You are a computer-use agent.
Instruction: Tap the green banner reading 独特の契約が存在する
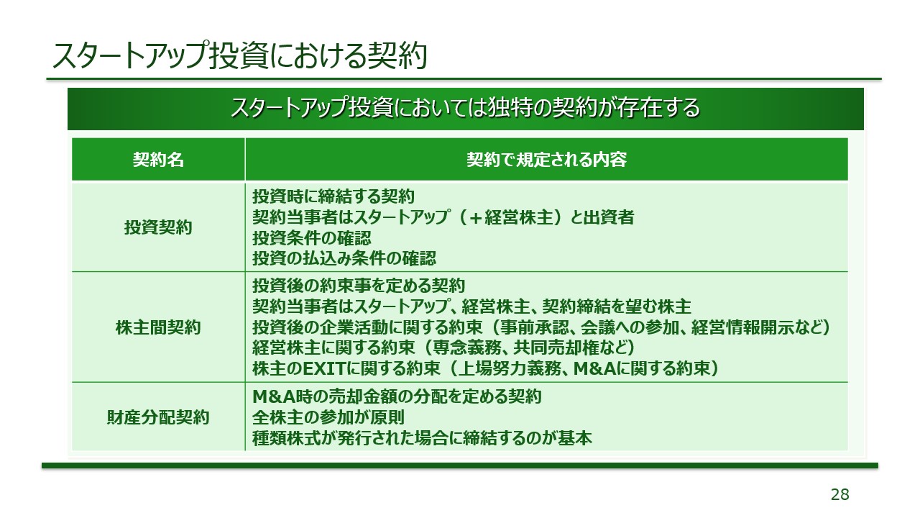pos(465,109)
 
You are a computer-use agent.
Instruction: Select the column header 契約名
pos(158,160)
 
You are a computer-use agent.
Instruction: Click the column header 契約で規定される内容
pos(546,160)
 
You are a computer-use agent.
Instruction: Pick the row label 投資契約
pos(158,227)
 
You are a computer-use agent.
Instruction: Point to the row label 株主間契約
pos(158,328)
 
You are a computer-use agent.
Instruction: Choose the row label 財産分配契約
pos(158,417)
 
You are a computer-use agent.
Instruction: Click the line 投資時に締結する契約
pos(334,196)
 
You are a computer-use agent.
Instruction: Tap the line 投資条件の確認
pos(313,237)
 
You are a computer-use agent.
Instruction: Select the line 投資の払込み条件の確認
pos(344,258)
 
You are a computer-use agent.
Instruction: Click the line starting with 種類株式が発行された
pos(423,437)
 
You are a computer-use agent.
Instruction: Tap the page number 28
pos(839,494)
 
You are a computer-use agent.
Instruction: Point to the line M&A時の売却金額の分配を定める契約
pos(397,397)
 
